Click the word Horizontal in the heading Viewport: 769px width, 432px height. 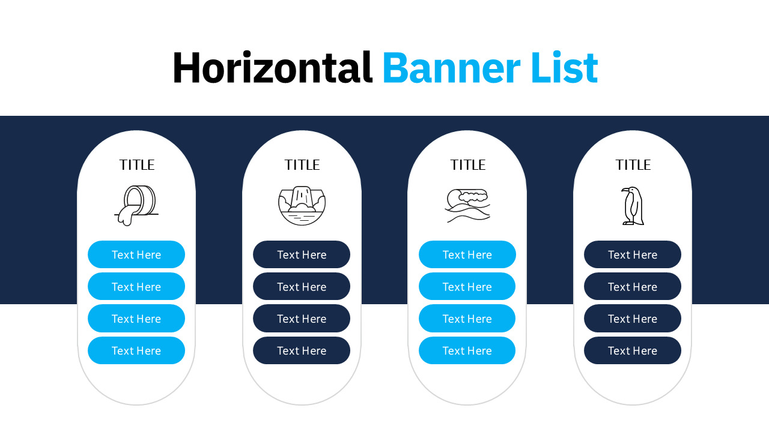[x=273, y=68]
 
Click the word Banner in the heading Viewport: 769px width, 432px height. [x=451, y=68]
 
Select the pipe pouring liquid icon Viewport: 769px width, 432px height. [x=136, y=205]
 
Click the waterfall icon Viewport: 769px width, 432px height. [x=302, y=205]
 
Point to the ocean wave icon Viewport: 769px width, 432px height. [x=467, y=205]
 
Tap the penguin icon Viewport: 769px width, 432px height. [x=633, y=206]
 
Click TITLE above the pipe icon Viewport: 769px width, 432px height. [x=136, y=165]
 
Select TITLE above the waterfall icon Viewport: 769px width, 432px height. [x=302, y=165]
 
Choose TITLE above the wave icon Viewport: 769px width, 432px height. [x=467, y=165]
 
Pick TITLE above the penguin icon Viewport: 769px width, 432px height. [x=633, y=165]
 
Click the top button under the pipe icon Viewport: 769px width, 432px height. [x=136, y=254]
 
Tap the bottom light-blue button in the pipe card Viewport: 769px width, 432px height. [x=136, y=350]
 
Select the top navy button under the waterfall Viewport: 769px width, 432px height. [x=302, y=254]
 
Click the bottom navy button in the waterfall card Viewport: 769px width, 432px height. [x=302, y=350]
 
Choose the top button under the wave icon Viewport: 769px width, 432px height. [x=467, y=254]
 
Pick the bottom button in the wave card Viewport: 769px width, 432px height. [x=467, y=350]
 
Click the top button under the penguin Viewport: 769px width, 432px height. [x=633, y=254]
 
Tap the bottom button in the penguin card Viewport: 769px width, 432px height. [x=633, y=350]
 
